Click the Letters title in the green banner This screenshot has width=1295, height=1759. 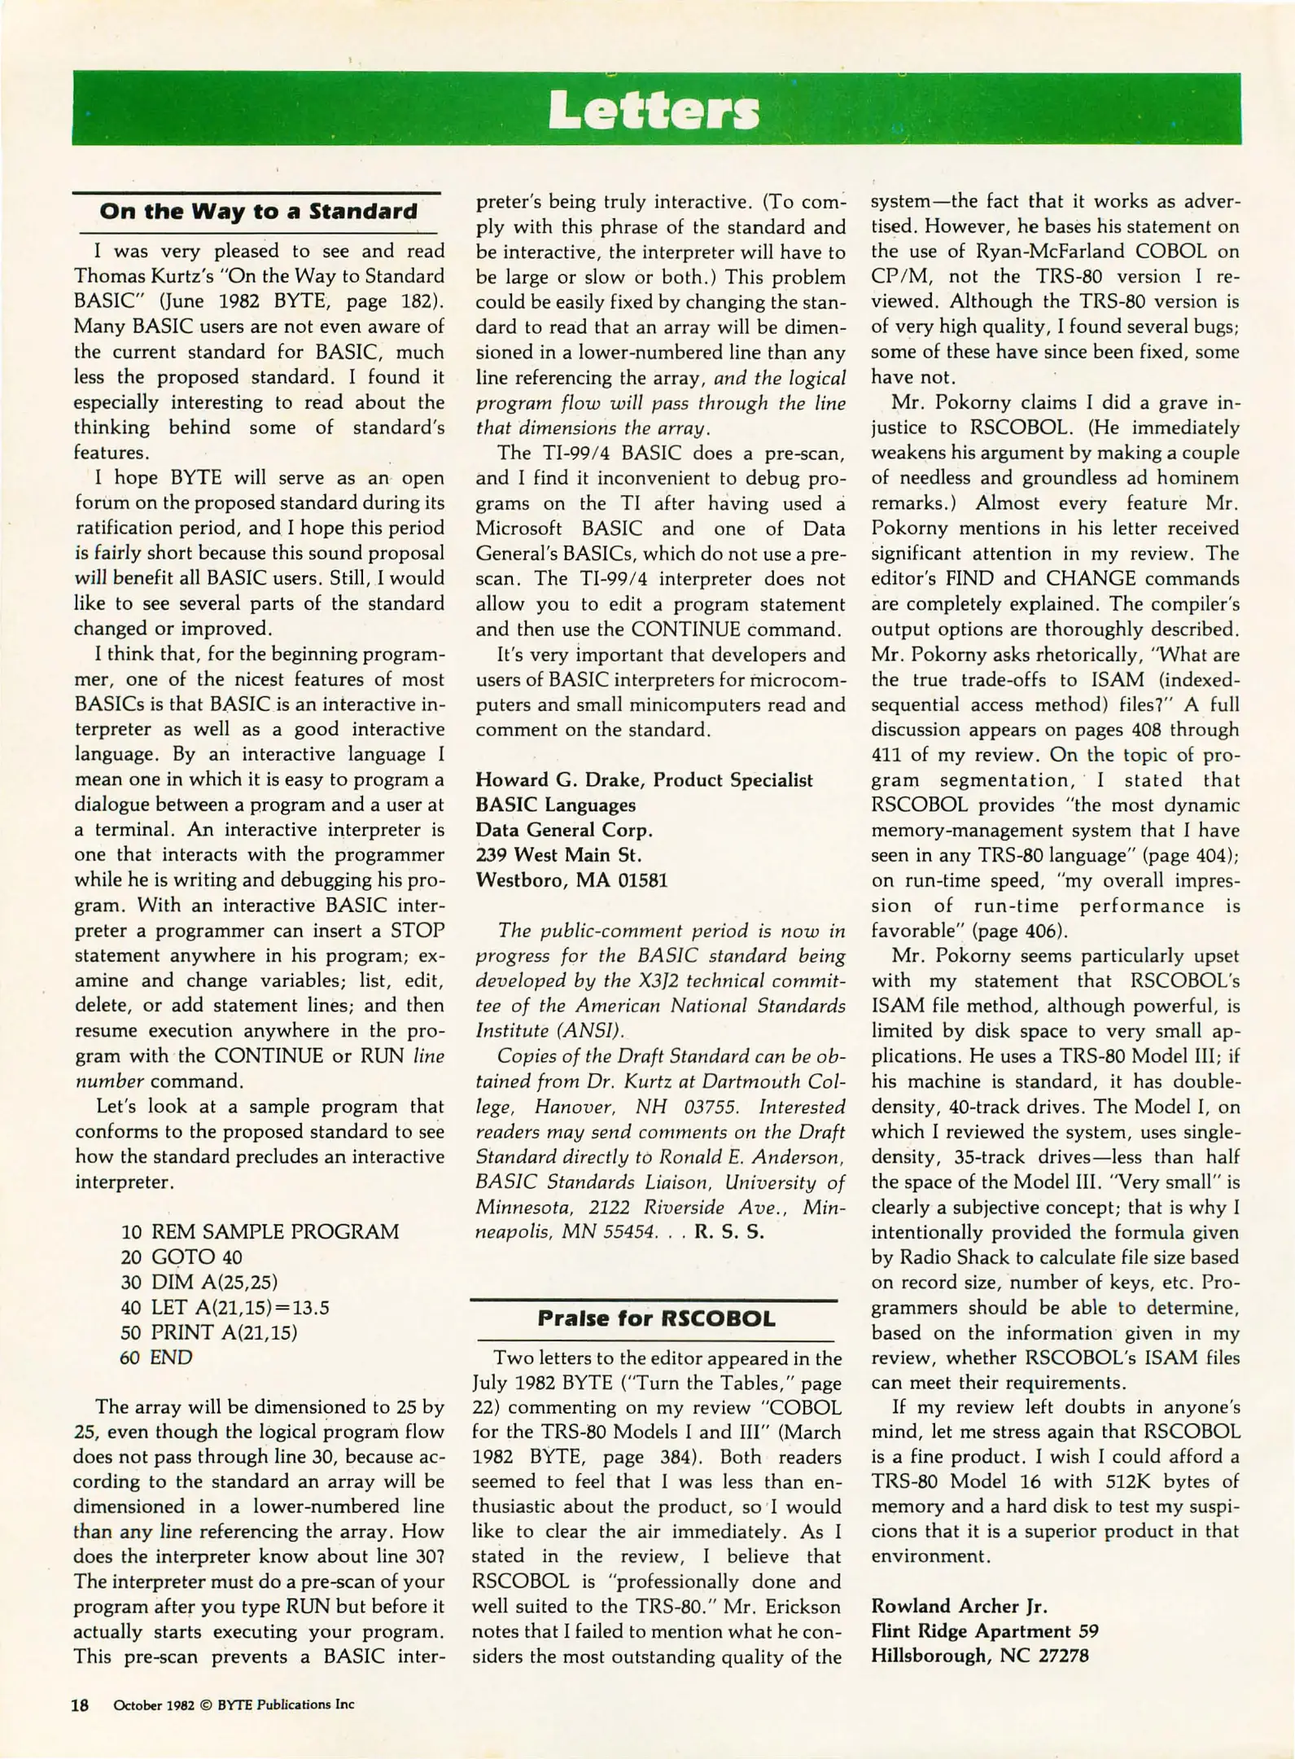(x=653, y=110)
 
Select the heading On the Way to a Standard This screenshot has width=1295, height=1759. (x=258, y=212)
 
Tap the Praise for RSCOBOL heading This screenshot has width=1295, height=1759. (x=656, y=1318)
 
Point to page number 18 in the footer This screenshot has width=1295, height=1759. (x=80, y=1704)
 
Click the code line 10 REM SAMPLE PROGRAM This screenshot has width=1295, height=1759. (x=260, y=1231)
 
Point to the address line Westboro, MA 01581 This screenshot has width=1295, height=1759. (x=571, y=880)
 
